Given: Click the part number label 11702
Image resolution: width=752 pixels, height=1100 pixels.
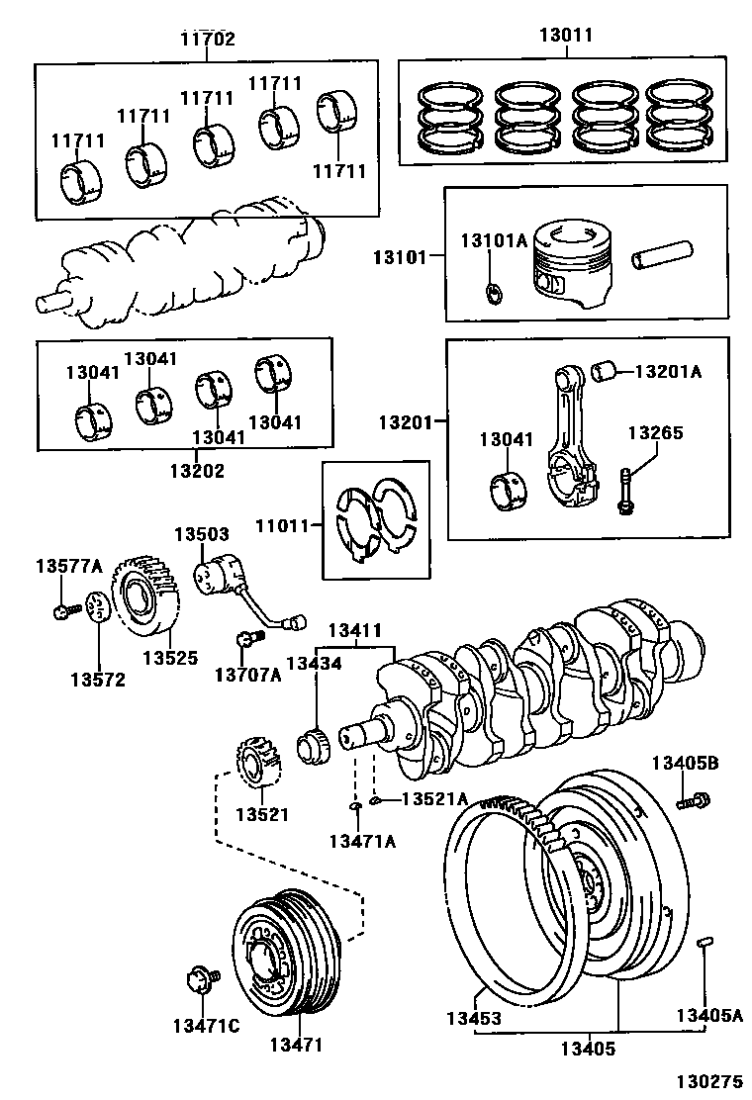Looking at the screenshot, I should [208, 40].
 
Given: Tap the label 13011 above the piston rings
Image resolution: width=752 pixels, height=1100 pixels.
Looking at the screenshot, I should [565, 35].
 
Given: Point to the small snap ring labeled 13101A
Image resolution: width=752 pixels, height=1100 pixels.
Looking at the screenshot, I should [494, 292].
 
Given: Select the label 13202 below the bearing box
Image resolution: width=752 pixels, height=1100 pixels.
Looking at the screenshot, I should [196, 470].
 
